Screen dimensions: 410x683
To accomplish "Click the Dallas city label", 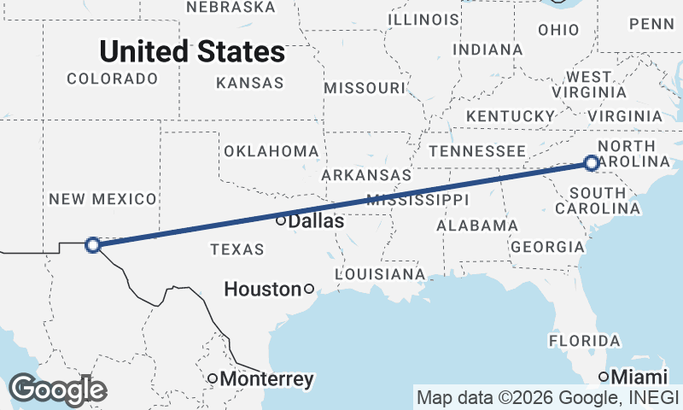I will tap(317, 221).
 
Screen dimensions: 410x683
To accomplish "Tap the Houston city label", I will tap(262, 290).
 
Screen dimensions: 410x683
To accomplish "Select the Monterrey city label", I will tap(266, 378).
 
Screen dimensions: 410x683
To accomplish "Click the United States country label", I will tap(192, 51).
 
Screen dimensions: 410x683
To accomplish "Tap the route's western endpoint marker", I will tap(93, 245).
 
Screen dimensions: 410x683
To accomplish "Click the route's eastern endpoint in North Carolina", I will tap(593, 162).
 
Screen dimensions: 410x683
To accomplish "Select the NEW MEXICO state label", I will tap(102, 199).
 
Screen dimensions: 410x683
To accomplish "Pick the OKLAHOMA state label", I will tap(271, 151).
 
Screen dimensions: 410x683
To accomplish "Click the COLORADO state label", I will tap(113, 79).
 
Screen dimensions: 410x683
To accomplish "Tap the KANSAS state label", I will tap(249, 83).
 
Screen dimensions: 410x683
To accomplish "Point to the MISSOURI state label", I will tap(365, 88).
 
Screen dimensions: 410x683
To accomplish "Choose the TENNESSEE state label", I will tap(476, 151).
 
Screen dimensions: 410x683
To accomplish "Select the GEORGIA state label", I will tap(546, 247).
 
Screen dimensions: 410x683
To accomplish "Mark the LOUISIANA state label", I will tap(380, 274).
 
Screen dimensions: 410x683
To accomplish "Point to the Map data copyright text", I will tap(547, 397).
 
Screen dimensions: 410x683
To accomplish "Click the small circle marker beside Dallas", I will tap(281, 220).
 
